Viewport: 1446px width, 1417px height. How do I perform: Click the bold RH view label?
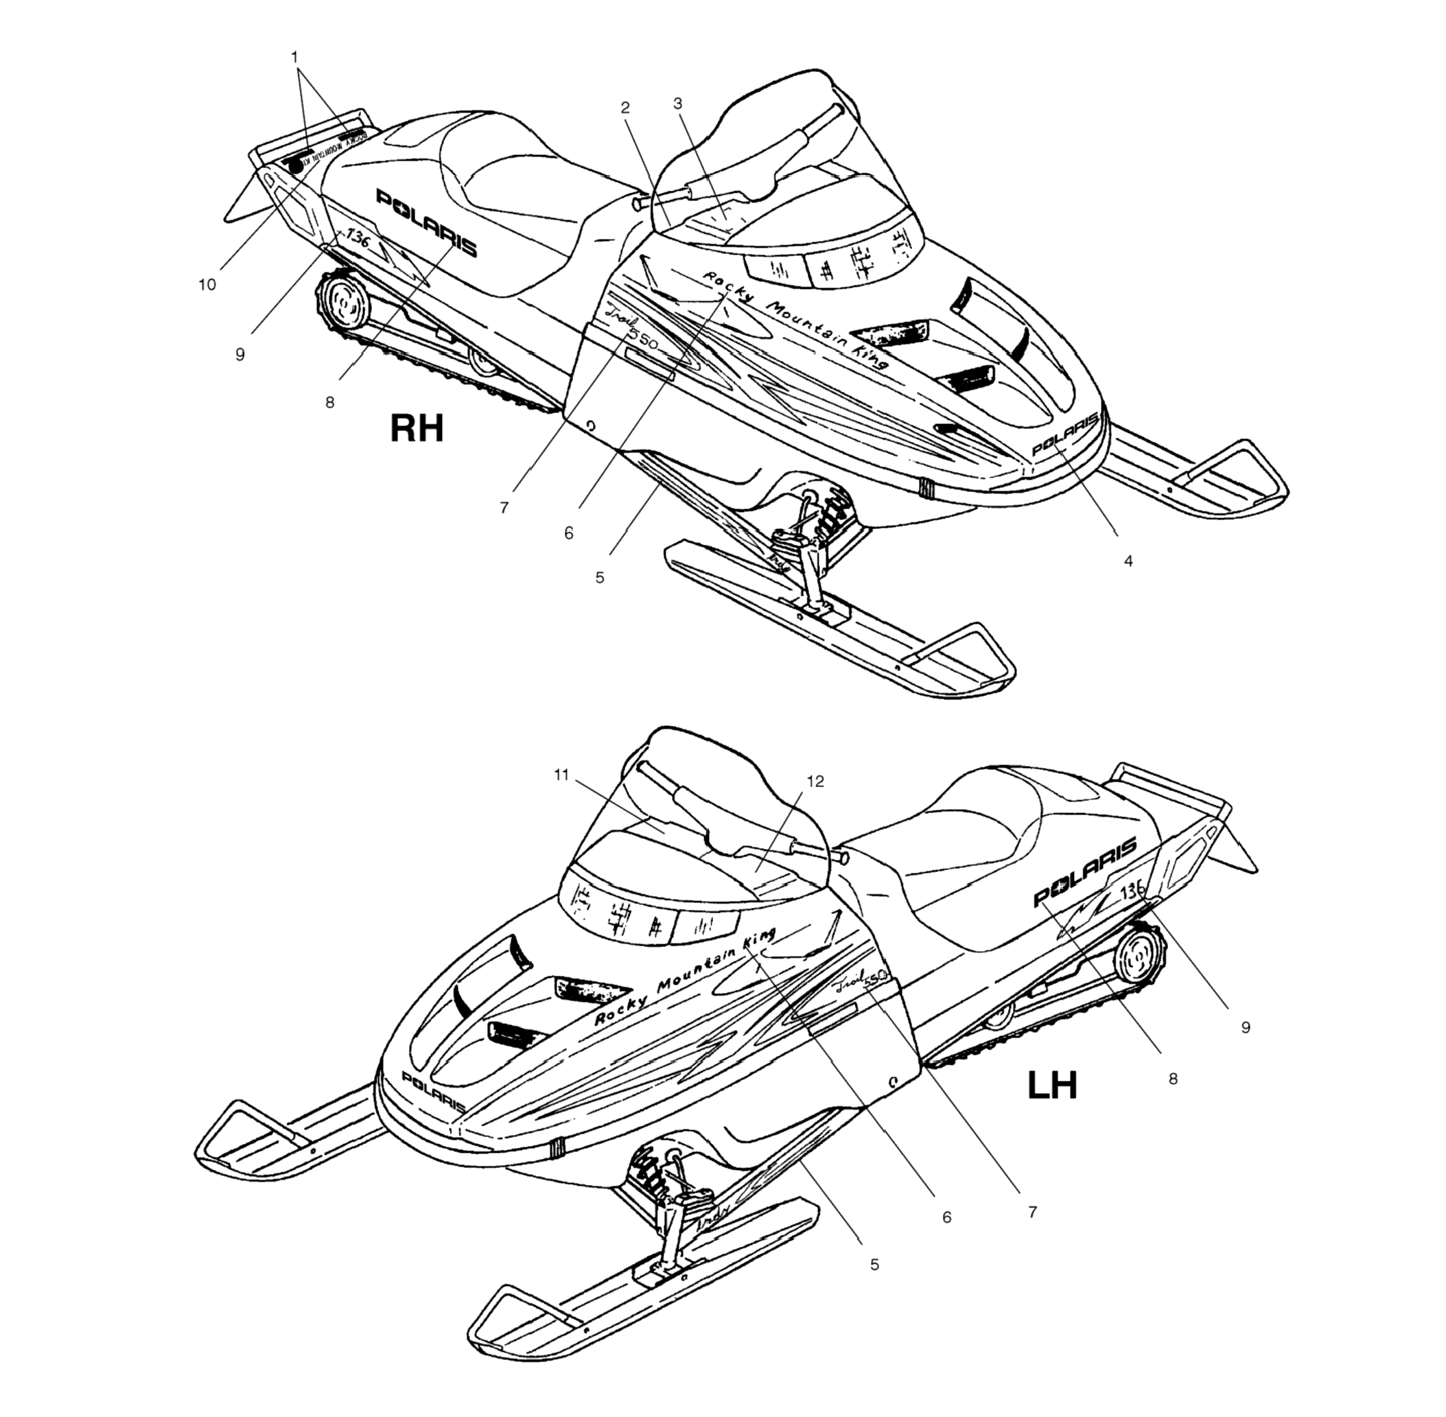(417, 429)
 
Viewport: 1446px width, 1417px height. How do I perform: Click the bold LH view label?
(1051, 1086)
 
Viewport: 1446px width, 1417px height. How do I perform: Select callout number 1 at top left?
(294, 56)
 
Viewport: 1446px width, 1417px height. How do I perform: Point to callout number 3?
(677, 104)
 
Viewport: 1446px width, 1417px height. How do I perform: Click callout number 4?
(1128, 561)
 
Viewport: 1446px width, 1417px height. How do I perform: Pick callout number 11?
(561, 775)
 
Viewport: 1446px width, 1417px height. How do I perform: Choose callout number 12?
(816, 782)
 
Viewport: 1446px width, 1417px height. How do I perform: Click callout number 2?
(625, 108)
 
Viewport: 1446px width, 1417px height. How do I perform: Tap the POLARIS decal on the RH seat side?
(426, 222)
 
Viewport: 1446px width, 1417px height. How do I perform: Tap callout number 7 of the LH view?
(1032, 1213)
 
